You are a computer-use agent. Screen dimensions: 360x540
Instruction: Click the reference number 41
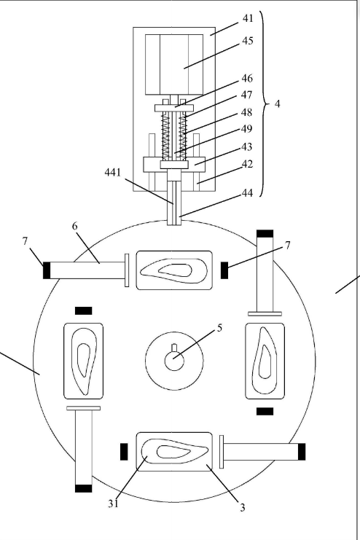coord(248,18)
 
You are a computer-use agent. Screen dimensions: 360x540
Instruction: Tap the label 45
coord(248,41)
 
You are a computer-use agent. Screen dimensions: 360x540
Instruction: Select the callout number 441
coord(113,172)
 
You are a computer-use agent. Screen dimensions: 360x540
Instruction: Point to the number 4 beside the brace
coord(278,103)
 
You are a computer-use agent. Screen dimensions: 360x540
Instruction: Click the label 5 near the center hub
coord(220,328)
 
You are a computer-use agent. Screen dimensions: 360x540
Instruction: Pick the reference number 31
coord(114,504)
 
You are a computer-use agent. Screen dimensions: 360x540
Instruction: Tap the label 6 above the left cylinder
coord(75,226)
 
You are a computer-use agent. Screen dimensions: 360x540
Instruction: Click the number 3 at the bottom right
coord(243,507)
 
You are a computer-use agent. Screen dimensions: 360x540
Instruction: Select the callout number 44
coord(247,193)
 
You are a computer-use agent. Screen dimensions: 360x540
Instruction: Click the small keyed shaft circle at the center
coord(174,360)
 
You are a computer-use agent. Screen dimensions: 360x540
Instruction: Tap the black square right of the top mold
coord(224,270)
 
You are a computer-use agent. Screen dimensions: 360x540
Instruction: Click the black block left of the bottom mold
coord(124,452)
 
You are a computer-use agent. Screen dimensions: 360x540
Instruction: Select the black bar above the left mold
coord(83,310)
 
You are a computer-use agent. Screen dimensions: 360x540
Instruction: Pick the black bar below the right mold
coord(265,411)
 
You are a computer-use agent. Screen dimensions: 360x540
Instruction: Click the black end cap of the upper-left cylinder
coord(47,270)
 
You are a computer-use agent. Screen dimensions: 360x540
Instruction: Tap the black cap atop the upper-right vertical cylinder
coord(265,233)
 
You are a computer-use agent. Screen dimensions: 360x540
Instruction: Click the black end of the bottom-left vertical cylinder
coord(83,488)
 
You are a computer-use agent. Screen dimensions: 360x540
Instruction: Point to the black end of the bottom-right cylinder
coord(302,452)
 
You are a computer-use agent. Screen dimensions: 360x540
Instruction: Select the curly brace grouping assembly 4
coord(266,103)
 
